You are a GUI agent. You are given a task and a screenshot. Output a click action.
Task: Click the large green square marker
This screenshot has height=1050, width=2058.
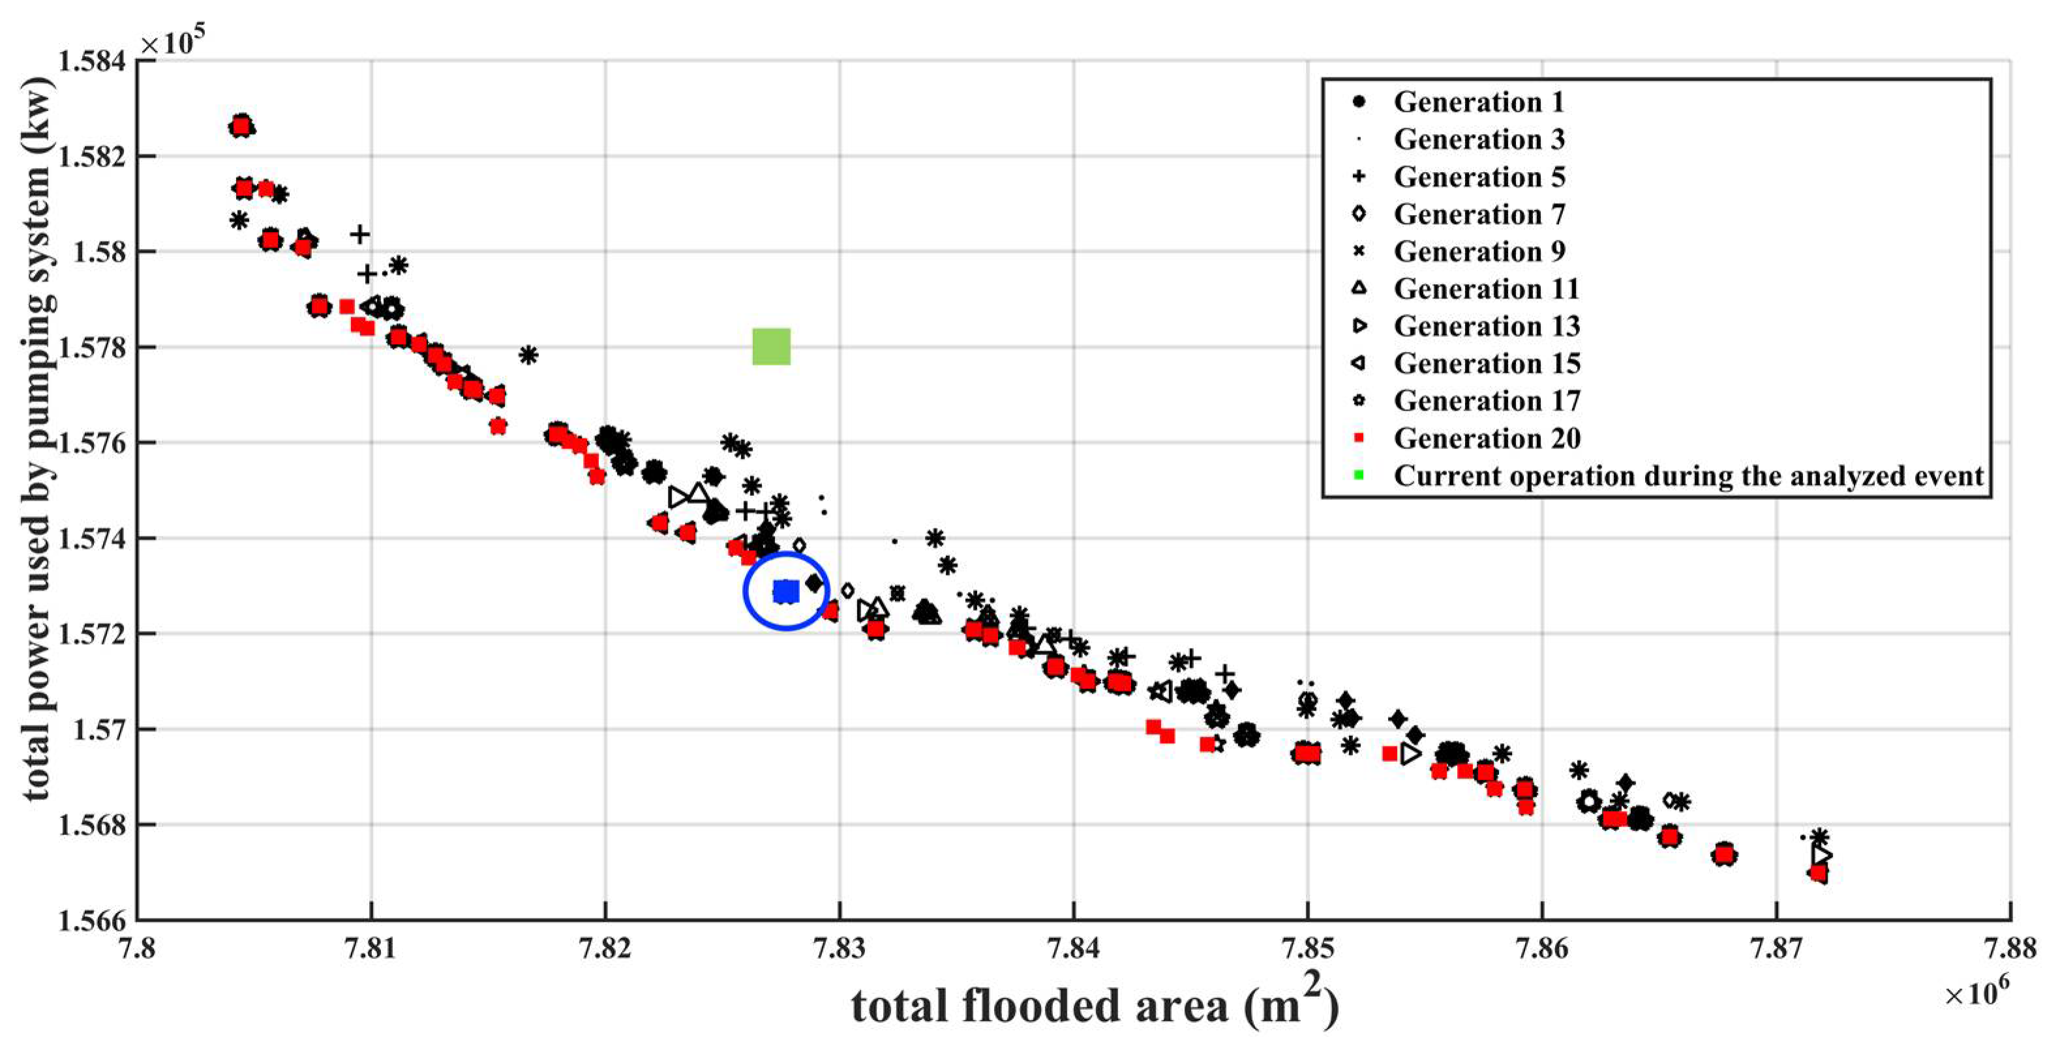pyautogui.click(x=771, y=347)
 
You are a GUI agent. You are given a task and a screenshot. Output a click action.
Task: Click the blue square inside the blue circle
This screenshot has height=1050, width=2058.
pyautogui.click(x=786, y=592)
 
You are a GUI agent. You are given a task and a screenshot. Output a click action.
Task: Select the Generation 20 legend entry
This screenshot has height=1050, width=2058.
pyautogui.click(x=1486, y=439)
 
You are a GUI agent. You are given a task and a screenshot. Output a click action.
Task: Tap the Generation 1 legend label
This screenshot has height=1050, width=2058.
pyautogui.click(x=1478, y=102)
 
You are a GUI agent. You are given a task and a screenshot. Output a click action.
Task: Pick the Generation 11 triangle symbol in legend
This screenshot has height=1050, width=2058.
pyautogui.click(x=1358, y=288)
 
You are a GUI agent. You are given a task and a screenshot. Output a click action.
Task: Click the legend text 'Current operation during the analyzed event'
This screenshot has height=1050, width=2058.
pyautogui.click(x=1688, y=476)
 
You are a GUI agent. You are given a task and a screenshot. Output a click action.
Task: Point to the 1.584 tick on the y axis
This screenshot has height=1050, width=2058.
pyautogui.click(x=91, y=61)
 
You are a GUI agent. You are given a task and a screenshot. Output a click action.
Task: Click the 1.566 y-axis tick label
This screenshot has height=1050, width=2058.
pyautogui.click(x=91, y=920)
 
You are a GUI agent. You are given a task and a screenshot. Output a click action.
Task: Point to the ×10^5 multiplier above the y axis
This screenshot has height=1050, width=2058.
pyautogui.click(x=172, y=42)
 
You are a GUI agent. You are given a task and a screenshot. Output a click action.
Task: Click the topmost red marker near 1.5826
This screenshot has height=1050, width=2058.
pyautogui.click(x=241, y=126)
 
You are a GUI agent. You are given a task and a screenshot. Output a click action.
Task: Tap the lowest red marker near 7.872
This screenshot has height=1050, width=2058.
pyautogui.click(x=1817, y=873)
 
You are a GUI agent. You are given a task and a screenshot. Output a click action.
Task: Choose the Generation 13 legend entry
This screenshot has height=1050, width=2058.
pyautogui.click(x=1486, y=326)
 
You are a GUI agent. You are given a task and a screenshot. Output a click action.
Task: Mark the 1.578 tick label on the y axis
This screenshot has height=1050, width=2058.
pyautogui.click(x=91, y=347)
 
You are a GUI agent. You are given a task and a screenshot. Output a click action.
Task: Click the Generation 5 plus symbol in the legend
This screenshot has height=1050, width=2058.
pyautogui.click(x=1358, y=177)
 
